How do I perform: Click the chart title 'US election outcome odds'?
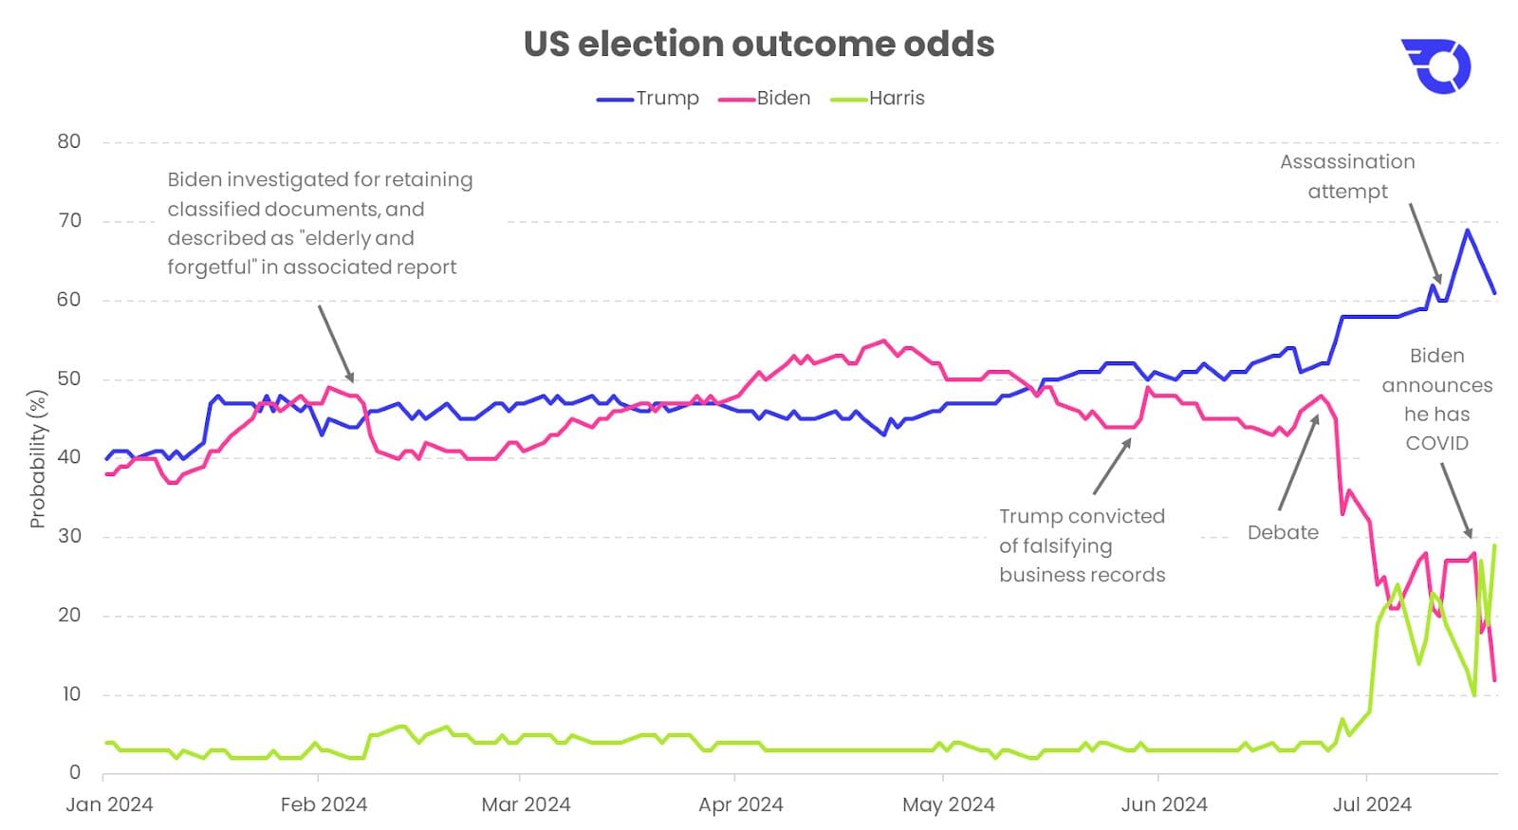click(758, 44)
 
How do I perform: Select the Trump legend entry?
click(666, 98)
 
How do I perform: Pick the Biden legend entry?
click(783, 98)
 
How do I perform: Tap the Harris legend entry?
click(896, 98)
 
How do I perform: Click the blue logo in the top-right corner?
click(1435, 66)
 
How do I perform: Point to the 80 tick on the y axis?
click(69, 141)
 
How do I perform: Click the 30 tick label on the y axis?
click(69, 536)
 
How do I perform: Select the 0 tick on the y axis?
click(75, 772)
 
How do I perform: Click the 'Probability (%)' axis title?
click(37, 458)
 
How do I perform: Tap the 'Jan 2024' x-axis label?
click(109, 804)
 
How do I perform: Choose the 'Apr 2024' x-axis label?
click(741, 804)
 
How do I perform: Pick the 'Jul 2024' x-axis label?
click(1372, 804)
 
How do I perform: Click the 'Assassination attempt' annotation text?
click(1347, 176)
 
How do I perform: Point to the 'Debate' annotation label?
click(1283, 532)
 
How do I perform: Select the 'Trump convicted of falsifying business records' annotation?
click(1082, 545)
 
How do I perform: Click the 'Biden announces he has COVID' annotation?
click(1437, 399)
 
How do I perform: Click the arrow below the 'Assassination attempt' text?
click(1425, 243)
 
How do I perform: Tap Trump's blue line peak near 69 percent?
click(1467, 230)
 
